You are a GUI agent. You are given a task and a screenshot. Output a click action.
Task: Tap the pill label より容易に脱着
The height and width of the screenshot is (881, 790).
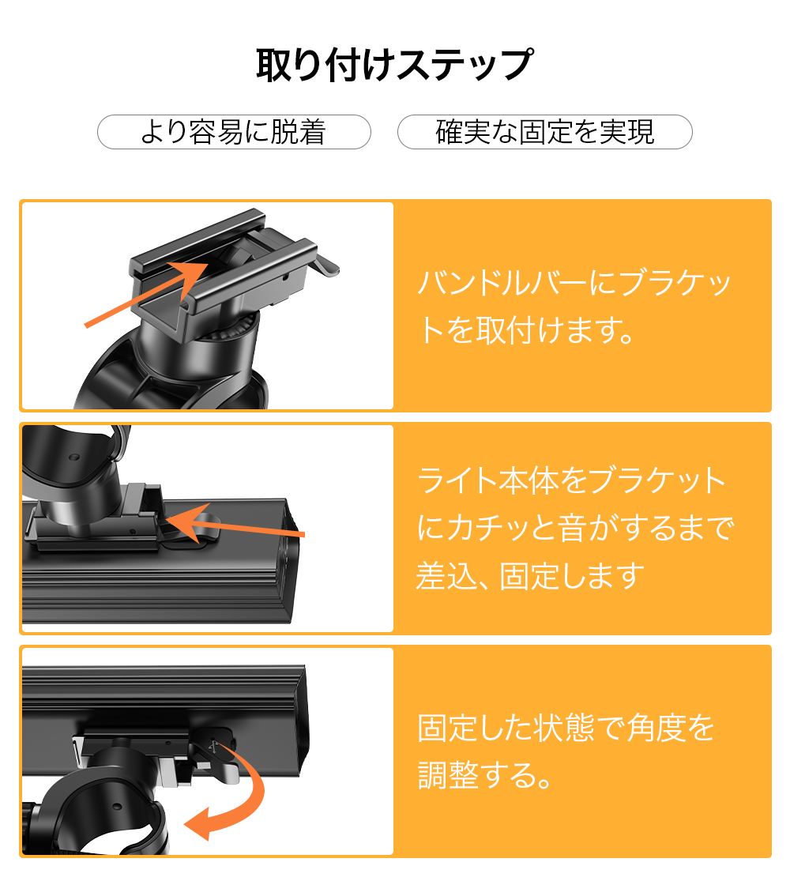tap(234, 132)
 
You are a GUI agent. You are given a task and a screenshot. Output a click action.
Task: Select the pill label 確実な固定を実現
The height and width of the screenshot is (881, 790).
tap(544, 132)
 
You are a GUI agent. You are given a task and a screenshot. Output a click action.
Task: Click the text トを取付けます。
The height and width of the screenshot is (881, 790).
tap(525, 330)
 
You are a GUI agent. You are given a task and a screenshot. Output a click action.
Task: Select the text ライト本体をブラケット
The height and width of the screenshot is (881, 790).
tap(571, 480)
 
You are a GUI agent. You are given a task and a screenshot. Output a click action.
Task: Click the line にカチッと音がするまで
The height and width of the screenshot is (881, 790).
tap(575, 529)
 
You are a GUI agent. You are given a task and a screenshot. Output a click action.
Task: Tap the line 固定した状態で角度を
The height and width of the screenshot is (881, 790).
tap(566, 728)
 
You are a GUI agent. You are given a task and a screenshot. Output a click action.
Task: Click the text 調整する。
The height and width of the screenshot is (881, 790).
tap(483, 775)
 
